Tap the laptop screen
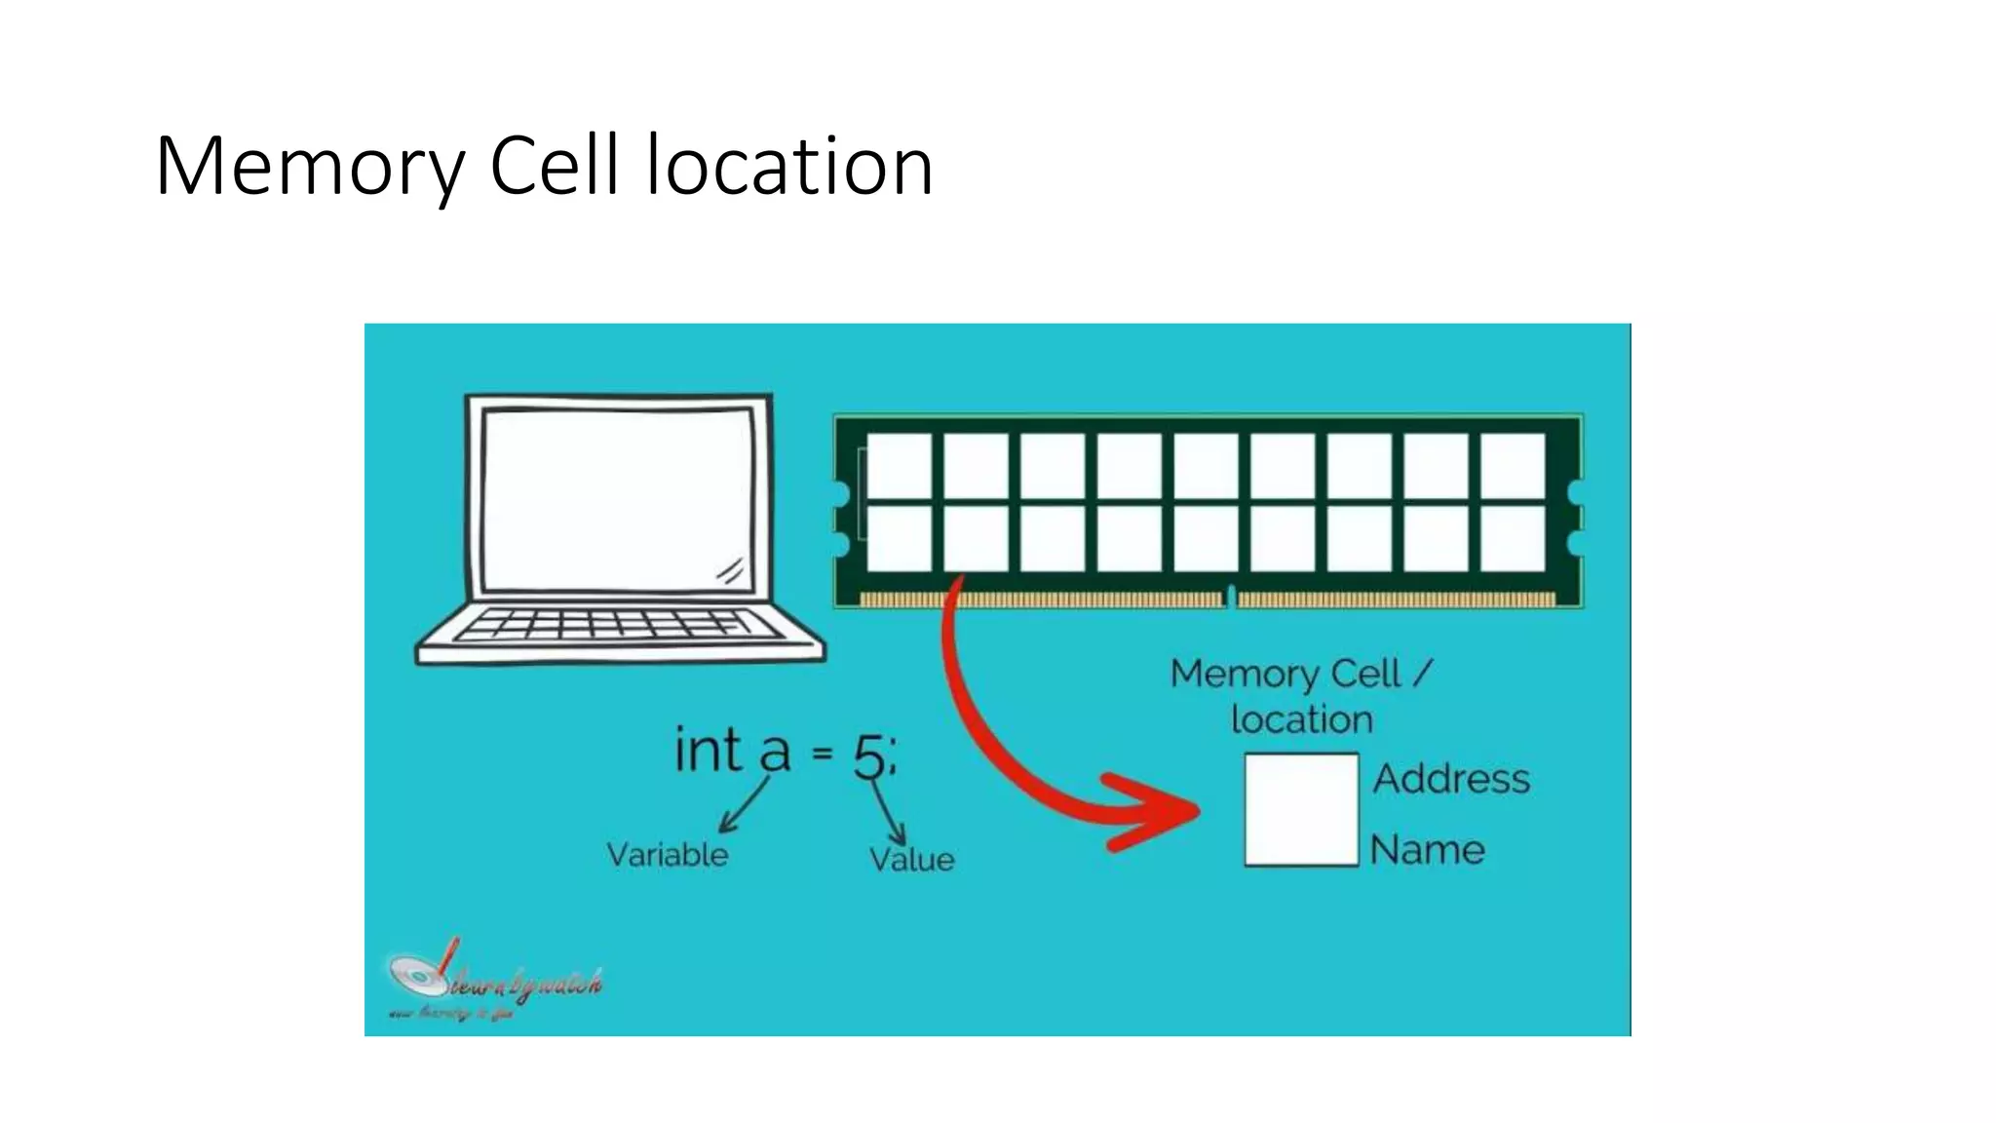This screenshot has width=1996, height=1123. tap(618, 499)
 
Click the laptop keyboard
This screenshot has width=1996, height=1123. tap(618, 624)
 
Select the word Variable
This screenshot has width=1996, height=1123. tap(668, 855)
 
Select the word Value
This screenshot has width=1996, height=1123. tap(911, 859)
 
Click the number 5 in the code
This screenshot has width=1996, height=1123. tap(869, 755)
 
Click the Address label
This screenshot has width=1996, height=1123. tap(1451, 779)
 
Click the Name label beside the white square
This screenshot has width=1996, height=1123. tap(1427, 850)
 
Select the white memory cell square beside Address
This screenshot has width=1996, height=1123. tap(1301, 809)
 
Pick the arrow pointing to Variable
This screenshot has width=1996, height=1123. tap(743, 805)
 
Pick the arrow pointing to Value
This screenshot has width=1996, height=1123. tap(889, 813)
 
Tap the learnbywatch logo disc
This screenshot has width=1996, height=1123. tap(413, 975)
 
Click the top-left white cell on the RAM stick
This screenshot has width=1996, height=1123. tap(899, 465)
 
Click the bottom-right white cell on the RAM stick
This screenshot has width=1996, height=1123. tap(1513, 538)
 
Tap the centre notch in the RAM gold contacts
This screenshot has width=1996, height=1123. tap(1231, 596)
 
